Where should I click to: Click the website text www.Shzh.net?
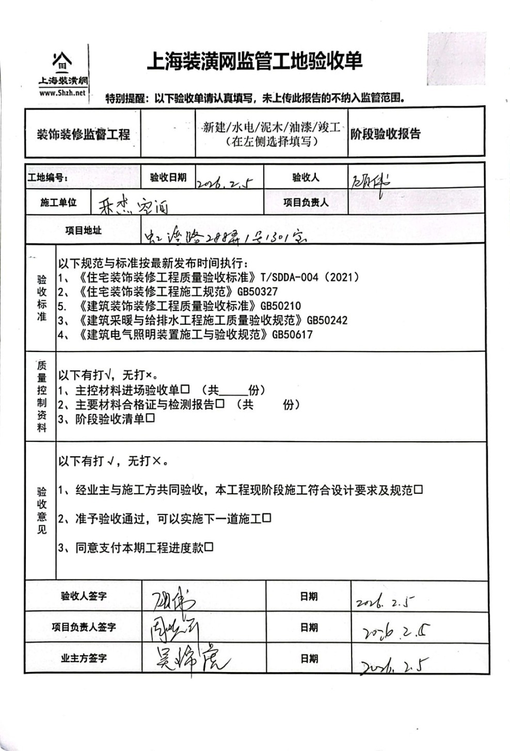click(62, 93)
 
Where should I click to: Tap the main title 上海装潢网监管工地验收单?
click(254, 61)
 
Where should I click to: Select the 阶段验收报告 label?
click(386, 134)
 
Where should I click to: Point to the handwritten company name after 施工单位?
click(133, 205)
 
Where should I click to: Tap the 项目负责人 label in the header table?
click(305, 203)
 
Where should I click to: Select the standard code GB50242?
click(327, 321)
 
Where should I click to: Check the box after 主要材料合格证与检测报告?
click(220, 404)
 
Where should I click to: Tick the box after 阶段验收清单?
click(150, 418)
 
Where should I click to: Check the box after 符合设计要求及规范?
click(418, 489)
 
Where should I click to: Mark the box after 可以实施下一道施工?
click(266, 518)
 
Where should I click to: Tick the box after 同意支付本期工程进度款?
click(209, 547)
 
